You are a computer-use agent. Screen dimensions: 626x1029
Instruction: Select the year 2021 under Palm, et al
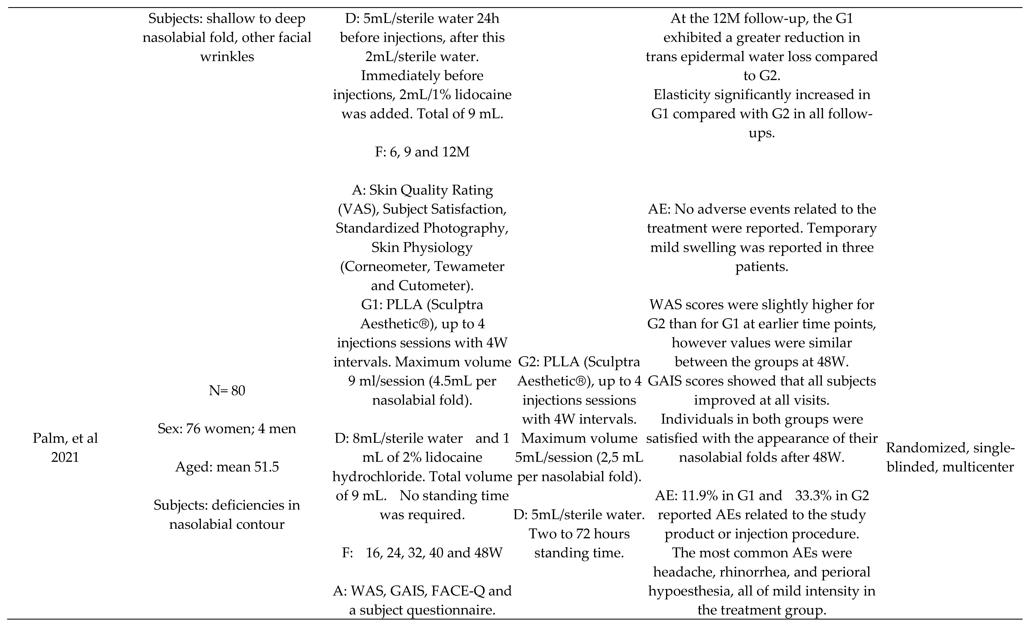[65, 457]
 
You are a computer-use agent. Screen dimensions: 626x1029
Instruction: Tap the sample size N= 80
[227, 391]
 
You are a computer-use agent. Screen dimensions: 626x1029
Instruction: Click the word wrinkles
[227, 56]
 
